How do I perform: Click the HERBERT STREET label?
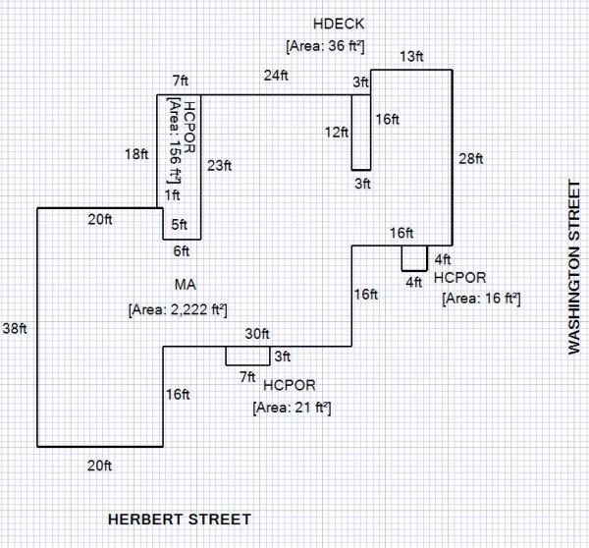pos(179,519)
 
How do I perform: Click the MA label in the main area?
pos(187,285)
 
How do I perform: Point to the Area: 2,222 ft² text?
pos(178,309)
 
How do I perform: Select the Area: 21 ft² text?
pos(292,406)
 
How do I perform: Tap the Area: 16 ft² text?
pos(480,297)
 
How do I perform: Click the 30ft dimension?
pos(256,334)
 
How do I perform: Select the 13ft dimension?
pos(411,57)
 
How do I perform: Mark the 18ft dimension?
pos(136,154)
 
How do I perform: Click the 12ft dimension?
pos(338,132)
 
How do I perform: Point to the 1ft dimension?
pos(173,195)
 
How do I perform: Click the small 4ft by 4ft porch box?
pos(414,258)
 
